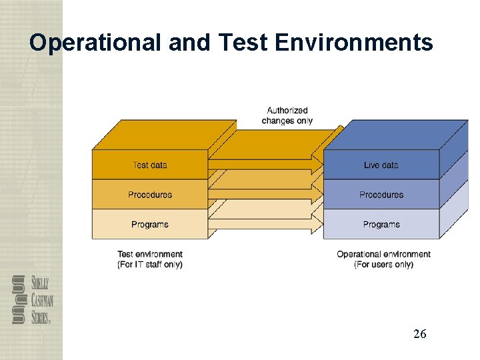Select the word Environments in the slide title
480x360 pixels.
click(x=353, y=43)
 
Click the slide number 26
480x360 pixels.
click(x=419, y=334)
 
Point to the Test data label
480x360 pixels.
click(x=150, y=165)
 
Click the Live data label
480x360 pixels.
click(x=381, y=165)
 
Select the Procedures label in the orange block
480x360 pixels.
click(x=150, y=195)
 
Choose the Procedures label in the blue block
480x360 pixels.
click(x=381, y=195)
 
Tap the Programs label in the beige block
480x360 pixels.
click(x=150, y=225)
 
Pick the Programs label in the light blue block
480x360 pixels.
click(x=381, y=225)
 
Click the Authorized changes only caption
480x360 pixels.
click(x=287, y=115)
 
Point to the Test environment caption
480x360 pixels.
click(x=150, y=254)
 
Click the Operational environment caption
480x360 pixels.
click(x=383, y=254)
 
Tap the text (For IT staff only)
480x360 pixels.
click(x=150, y=265)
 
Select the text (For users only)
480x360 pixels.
click(x=383, y=265)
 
